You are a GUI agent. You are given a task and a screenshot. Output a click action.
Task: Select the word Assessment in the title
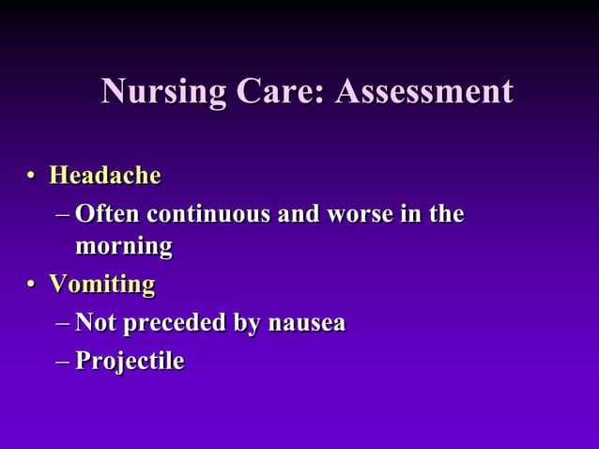[x=424, y=92]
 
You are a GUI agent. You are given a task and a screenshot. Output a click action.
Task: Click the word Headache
[x=104, y=176]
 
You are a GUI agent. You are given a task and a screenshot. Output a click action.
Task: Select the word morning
[x=124, y=247]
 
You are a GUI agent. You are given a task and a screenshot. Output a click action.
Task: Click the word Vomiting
[x=101, y=284]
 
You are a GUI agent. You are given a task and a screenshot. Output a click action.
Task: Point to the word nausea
[x=307, y=323]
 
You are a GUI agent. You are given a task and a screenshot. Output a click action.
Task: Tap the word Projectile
[x=130, y=361]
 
